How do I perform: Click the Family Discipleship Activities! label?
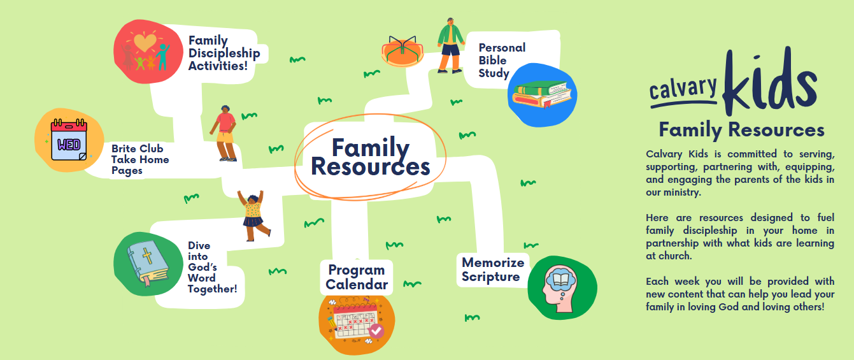tap(224, 53)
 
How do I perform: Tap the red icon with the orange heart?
tap(146, 52)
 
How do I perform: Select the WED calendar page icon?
tap(69, 143)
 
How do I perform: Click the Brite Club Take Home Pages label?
tap(140, 159)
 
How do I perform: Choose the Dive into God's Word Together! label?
tap(211, 268)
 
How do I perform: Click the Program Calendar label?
tap(357, 277)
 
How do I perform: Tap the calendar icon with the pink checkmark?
tap(356, 324)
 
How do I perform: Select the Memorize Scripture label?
tap(492, 270)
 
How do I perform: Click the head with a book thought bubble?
tap(562, 287)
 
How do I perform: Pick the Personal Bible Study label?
tap(501, 61)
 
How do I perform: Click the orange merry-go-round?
tap(404, 50)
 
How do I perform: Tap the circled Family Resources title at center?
tap(370, 157)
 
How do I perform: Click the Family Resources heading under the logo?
tap(741, 130)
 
